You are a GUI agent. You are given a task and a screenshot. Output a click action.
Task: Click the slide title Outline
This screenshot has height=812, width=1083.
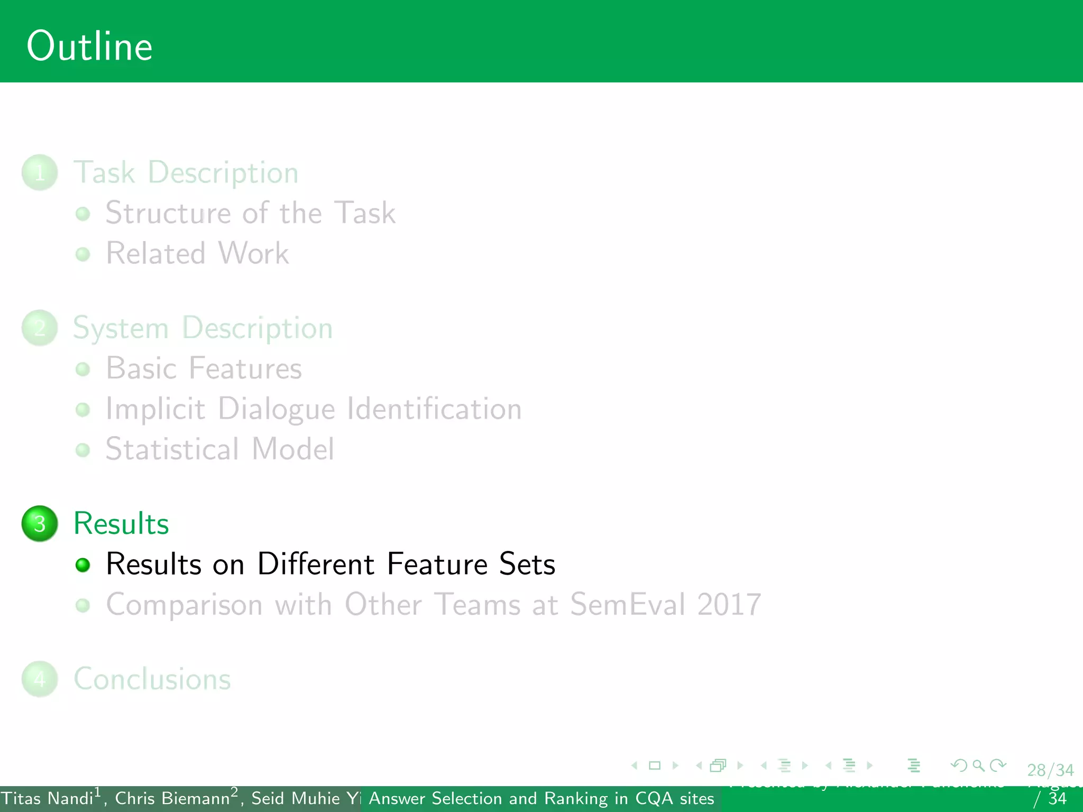(x=89, y=47)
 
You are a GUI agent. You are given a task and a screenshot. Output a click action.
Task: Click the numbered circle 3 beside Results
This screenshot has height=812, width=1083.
(x=40, y=523)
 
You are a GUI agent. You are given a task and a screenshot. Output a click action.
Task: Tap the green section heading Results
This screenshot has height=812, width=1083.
(x=121, y=523)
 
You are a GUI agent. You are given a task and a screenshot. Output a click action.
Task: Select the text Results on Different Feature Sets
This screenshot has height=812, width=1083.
(x=331, y=564)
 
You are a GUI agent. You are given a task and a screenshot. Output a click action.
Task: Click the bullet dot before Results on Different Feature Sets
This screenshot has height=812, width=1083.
(x=82, y=565)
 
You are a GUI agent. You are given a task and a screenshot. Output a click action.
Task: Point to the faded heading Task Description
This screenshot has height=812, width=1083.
(x=186, y=172)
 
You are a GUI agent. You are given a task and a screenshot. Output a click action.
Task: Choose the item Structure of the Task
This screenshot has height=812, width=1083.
(x=250, y=213)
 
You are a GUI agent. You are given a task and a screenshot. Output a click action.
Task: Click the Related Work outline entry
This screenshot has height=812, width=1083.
(x=197, y=253)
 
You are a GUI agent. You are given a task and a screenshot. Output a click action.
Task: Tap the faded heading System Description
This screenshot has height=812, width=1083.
(x=203, y=328)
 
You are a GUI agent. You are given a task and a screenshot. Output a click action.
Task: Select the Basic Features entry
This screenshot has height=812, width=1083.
(x=204, y=368)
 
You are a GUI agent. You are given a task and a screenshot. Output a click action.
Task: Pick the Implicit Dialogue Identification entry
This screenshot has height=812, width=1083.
(x=314, y=409)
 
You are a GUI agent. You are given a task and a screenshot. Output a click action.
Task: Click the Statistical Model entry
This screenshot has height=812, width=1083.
(x=219, y=449)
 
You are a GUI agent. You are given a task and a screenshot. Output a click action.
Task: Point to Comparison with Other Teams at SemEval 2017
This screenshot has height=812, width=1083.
(x=433, y=604)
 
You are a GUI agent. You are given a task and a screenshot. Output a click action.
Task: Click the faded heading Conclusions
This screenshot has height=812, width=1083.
(x=152, y=679)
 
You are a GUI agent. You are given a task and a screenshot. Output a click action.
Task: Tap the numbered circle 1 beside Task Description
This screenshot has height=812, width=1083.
(x=40, y=172)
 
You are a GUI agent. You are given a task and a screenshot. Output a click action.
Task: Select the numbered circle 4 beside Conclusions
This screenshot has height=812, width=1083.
(x=40, y=679)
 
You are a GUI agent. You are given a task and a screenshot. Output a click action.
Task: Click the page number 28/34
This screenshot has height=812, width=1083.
(x=1050, y=770)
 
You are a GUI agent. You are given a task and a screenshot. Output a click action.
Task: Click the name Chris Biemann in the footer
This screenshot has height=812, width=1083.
(x=172, y=798)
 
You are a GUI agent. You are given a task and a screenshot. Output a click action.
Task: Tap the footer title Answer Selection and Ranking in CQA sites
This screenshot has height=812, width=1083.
(x=541, y=798)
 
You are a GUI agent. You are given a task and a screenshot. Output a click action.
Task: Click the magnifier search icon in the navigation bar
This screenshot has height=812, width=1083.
(x=978, y=765)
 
